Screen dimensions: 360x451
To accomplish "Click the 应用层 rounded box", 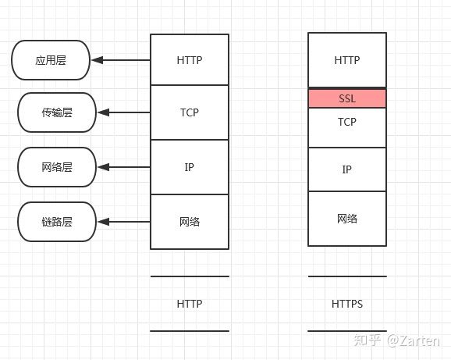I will [x=51, y=60].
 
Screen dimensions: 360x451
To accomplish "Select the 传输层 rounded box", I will [x=56, y=112].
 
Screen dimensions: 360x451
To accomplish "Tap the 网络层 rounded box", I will [x=56, y=167].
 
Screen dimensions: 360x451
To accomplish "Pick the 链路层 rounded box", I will [x=56, y=222].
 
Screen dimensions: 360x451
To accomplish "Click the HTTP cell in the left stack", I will [x=189, y=59].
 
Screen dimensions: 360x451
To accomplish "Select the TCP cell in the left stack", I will [x=189, y=112].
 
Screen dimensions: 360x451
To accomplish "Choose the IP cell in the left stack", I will [x=189, y=167].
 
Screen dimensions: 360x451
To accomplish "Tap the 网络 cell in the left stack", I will [x=189, y=222].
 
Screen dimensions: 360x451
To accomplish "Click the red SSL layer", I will [x=347, y=98].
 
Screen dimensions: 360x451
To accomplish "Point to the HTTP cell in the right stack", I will [x=347, y=60].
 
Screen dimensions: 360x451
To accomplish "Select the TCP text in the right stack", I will [x=347, y=123].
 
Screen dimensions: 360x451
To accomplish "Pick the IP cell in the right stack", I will [x=347, y=169].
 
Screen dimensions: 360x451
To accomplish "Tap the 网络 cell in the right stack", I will [x=347, y=219].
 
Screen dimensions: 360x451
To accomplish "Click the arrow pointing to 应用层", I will [x=121, y=60].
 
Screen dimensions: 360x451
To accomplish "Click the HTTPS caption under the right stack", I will [x=347, y=304].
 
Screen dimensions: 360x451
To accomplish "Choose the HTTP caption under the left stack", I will [x=189, y=304].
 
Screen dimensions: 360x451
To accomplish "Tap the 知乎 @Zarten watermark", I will [x=397, y=340].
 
